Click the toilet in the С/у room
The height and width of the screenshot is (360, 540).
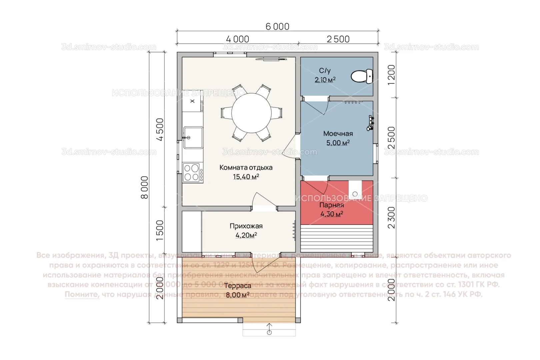pyautogui.click(x=362, y=76)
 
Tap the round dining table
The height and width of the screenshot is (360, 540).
pyautogui.click(x=251, y=113)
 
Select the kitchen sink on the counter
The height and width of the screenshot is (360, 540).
pyautogui.click(x=193, y=137)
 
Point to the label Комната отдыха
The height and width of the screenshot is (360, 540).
pyautogui.click(x=246, y=168)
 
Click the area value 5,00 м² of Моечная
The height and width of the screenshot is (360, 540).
pyautogui.click(x=338, y=143)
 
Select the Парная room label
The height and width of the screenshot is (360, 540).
pyautogui.click(x=331, y=205)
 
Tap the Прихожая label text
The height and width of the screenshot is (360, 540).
pyautogui.click(x=246, y=226)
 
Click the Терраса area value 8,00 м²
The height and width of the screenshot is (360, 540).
pyautogui.click(x=237, y=295)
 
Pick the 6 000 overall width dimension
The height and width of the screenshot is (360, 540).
pyautogui.click(x=277, y=26)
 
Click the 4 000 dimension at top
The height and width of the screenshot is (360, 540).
pyautogui.click(x=237, y=39)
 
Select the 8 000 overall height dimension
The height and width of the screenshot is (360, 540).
pyautogui.click(x=145, y=187)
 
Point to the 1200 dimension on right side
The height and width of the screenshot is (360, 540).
pyautogui.click(x=391, y=74)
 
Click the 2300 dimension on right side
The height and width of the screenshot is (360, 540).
pyautogui.click(x=391, y=217)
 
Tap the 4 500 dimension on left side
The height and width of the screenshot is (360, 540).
pyautogui.click(x=160, y=129)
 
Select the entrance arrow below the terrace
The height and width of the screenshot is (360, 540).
pyautogui.click(x=269, y=329)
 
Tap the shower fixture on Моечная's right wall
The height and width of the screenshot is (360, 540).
pyautogui.click(x=370, y=123)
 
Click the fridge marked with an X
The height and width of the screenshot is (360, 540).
pyautogui.click(x=192, y=101)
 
